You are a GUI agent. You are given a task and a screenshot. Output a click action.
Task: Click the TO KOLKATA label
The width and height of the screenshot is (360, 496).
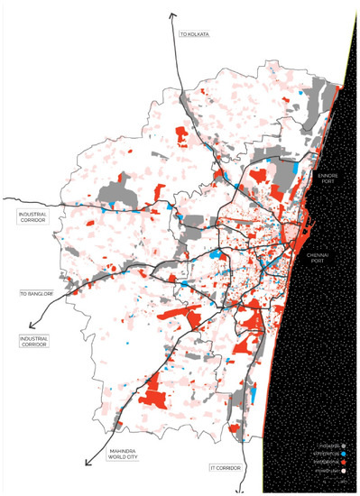click(194, 33)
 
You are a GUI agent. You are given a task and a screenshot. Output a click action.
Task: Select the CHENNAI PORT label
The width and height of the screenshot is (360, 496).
click(322, 261)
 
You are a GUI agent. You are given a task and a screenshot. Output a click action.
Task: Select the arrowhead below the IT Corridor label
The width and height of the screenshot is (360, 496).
click(237, 491)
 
